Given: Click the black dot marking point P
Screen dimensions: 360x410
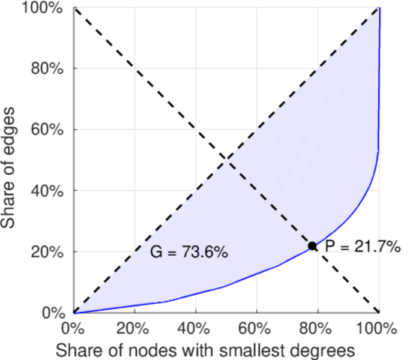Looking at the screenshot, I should (312, 245).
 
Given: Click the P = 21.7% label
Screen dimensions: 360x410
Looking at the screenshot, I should (363, 246).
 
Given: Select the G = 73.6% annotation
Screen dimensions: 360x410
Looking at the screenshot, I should (188, 253).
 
